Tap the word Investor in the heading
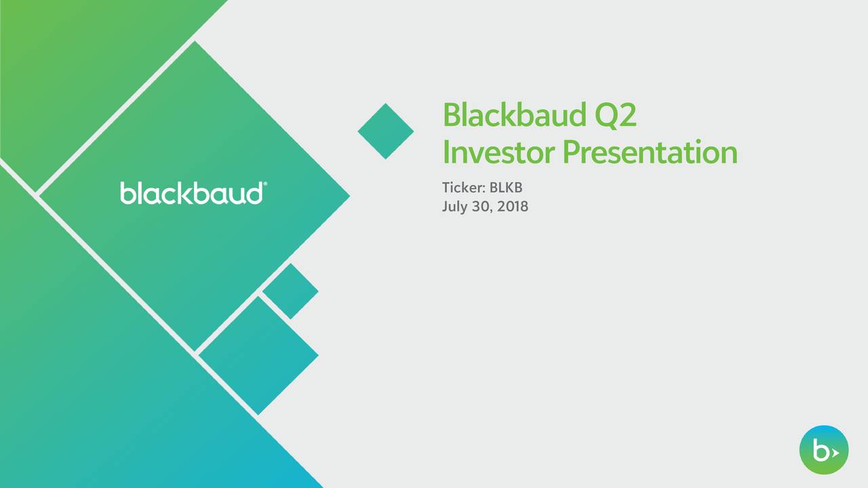click(499, 152)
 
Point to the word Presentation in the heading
click(650, 152)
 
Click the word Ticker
click(461, 187)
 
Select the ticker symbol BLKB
click(505, 187)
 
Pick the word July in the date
click(455, 206)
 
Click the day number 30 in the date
click(483, 206)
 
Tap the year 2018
click(513, 206)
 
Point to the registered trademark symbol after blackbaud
click(264, 184)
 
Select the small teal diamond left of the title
click(386, 131)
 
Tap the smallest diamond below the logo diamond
click(290, 291)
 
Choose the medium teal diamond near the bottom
click(258, 355)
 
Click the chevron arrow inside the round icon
click(835, 452)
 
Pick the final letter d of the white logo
click(254, 193)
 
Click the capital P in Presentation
click(572, 152)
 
